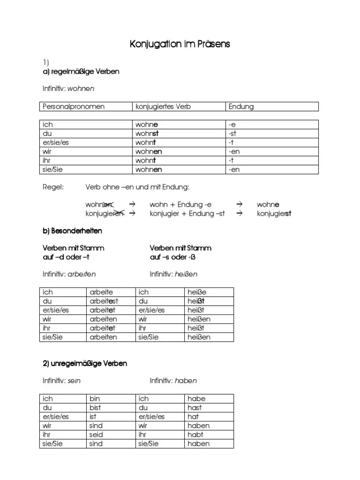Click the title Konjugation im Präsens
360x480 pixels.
180,45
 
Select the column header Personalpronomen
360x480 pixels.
74,106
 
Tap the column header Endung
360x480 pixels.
241,106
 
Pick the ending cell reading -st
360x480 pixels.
233,134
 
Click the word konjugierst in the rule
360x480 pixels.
274,214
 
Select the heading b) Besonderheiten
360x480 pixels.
72,231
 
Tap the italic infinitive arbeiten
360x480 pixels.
85,274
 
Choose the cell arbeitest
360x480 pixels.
104,301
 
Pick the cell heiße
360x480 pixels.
197,292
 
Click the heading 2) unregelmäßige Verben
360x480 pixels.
85,363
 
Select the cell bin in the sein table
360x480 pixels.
95,399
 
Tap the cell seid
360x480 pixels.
96,435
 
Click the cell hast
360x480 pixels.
195,408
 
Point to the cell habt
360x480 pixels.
195,435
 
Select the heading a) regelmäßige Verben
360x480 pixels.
81,72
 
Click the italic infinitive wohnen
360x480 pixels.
81,89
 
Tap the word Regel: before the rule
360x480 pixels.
52,187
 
